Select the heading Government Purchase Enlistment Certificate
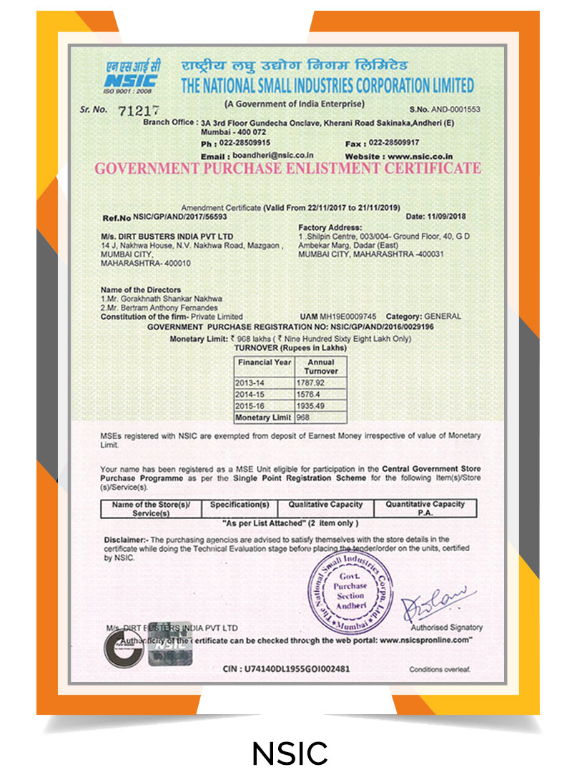coord(288,169)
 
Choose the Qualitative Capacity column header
coord(325,504)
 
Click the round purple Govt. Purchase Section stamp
coord(352,591)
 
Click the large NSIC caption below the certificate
coord(290,752)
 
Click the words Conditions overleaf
coord(440,670)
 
